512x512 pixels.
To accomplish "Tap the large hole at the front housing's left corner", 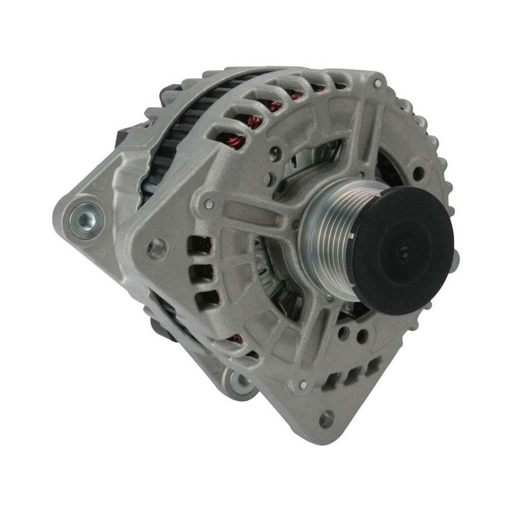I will (156, 249).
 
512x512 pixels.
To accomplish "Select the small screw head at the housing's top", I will (377, 83).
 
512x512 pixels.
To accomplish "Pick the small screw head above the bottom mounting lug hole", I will (303, 385).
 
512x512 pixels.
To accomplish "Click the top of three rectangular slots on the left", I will (200, 245).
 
